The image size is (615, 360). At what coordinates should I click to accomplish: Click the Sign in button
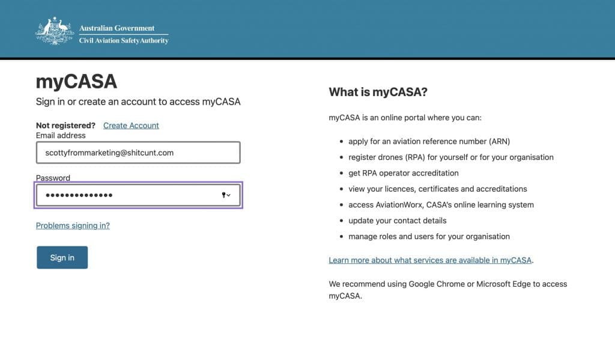pos(62,257)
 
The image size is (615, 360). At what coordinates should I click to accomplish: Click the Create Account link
pos(131,126)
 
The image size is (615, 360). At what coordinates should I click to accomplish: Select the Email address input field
pos(138,153)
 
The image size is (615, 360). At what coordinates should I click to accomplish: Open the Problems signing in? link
pos(73,225)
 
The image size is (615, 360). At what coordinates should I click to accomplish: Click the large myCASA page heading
pos(76,81)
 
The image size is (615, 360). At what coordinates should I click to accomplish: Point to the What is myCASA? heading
pos(378,92)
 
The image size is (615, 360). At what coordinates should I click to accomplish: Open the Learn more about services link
pos(431,260)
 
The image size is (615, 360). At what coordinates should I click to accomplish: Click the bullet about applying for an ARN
pos(429,141)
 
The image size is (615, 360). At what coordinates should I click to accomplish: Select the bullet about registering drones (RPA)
pos(450,157)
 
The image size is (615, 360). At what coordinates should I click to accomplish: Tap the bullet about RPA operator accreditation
pos(403,173)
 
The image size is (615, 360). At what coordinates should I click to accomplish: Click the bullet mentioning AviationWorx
pos(441,204)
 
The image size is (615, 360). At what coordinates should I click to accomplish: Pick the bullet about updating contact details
pos(397,221)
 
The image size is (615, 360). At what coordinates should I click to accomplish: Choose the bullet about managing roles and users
pos(429,236)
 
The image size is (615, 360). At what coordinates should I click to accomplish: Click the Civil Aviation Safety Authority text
pos(124,41)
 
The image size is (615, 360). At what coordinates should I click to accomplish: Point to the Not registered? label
pos(65,126)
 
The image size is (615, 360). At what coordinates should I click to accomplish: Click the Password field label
pos(53,178)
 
